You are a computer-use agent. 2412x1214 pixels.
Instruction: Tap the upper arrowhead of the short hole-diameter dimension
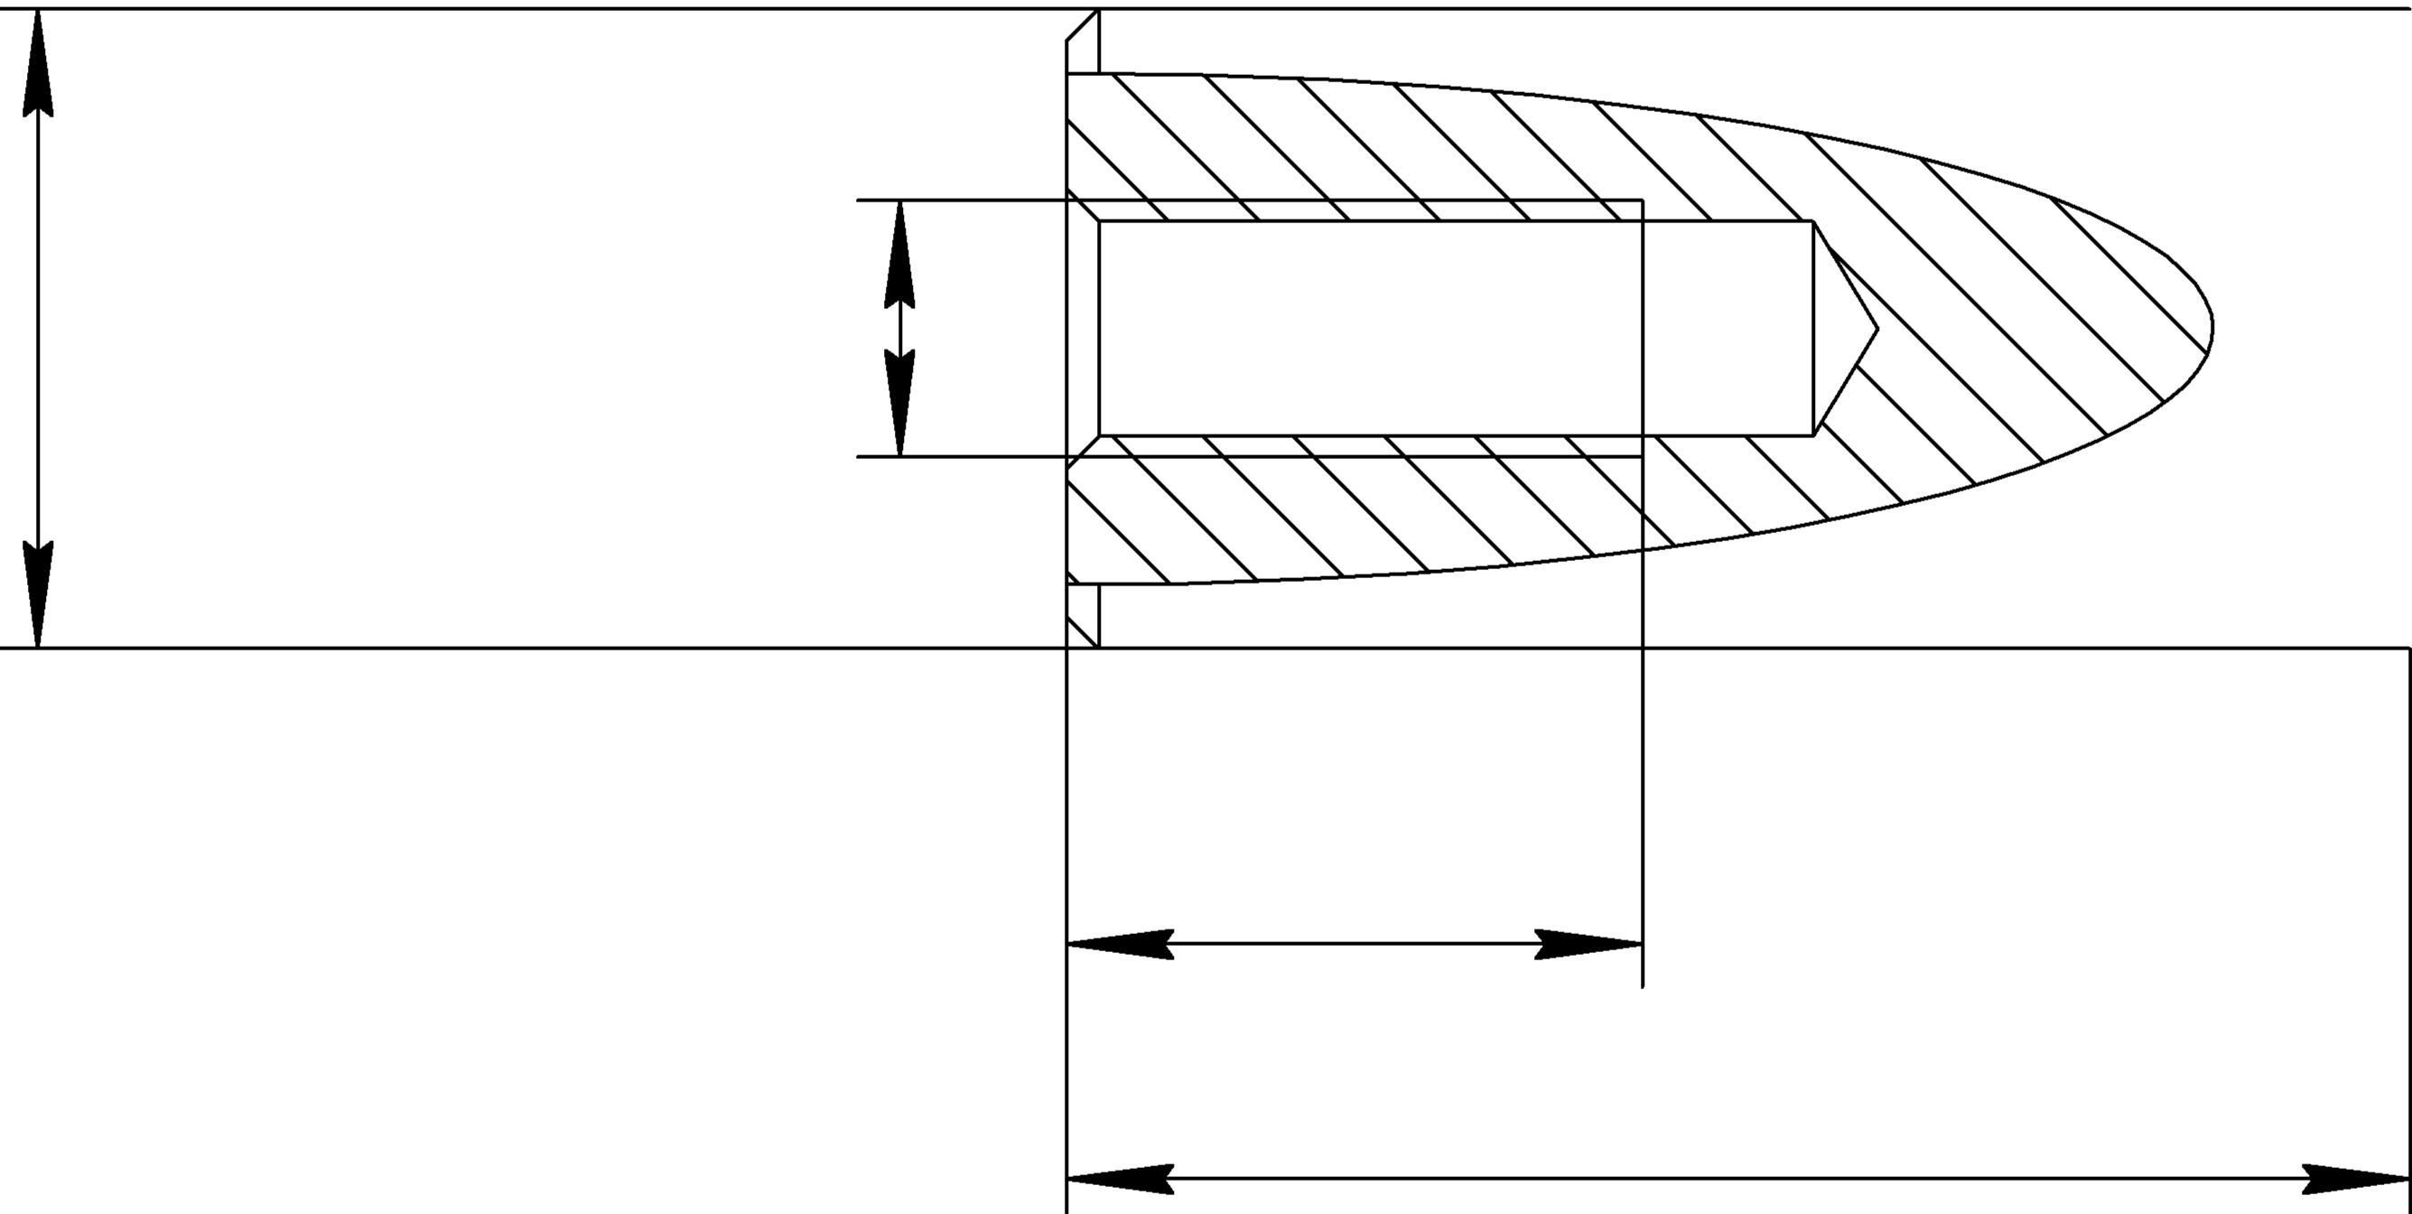click(899, 253)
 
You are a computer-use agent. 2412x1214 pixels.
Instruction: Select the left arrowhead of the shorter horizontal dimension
click(1120, 944)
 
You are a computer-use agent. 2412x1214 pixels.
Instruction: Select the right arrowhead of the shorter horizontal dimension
click(1589, 944)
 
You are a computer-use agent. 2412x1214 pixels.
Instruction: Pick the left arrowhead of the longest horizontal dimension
click(1120, 1179)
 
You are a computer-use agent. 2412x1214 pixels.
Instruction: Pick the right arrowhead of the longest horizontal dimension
click(2356, 1179)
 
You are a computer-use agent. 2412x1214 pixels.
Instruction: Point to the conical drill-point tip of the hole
click(1876, 329)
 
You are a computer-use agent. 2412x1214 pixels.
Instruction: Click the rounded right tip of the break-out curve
click(2211, 327)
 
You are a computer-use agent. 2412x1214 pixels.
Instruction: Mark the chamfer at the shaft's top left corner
click(1083, 25)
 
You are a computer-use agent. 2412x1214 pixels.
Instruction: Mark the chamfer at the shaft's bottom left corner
click(1083, 631)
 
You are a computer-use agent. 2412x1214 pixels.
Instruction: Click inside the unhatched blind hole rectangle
click(1451, 328)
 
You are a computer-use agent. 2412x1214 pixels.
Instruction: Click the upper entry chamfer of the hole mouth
click(1084, 206)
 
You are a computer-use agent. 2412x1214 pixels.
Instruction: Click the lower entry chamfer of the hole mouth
click(1084, 452)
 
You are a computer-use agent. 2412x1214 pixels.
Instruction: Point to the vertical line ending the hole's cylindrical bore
click(1813, 328)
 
